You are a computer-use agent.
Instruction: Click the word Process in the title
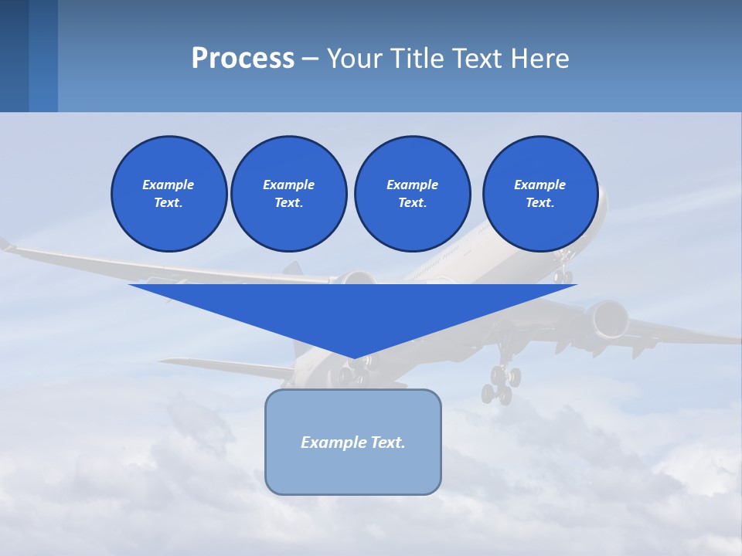coord(243,58)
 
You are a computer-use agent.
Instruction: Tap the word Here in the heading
coord(539,58)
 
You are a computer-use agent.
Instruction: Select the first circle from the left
coord(169,194)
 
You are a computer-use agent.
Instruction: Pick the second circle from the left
coord(289,194)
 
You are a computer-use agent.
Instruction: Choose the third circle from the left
coord(412,194)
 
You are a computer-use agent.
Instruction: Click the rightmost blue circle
coord(540,194)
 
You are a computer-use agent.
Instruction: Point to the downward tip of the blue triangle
coord(354,357)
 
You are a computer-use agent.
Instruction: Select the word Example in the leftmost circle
coord(168,185)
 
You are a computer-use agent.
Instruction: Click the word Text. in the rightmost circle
coord(540,203)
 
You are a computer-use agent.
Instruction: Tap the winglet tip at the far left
coord(6,245)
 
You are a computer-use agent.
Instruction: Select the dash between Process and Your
coord(310,59)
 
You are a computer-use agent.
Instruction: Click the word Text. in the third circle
coord(412,203)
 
